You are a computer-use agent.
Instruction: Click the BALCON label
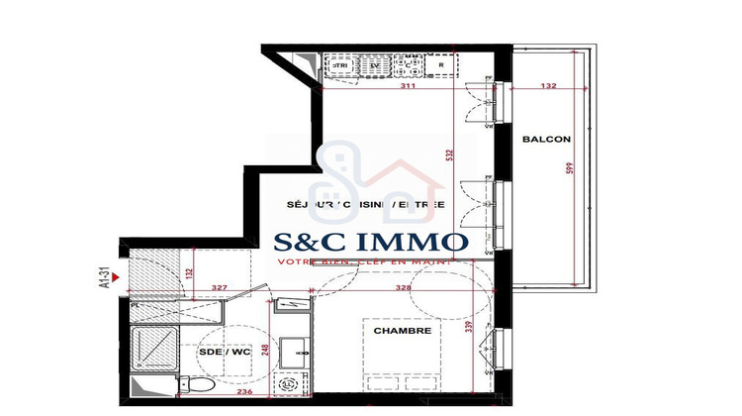543,139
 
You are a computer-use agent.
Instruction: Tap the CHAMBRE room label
401,330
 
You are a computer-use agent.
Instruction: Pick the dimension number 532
450,156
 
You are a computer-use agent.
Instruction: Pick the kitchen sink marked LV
374,66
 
